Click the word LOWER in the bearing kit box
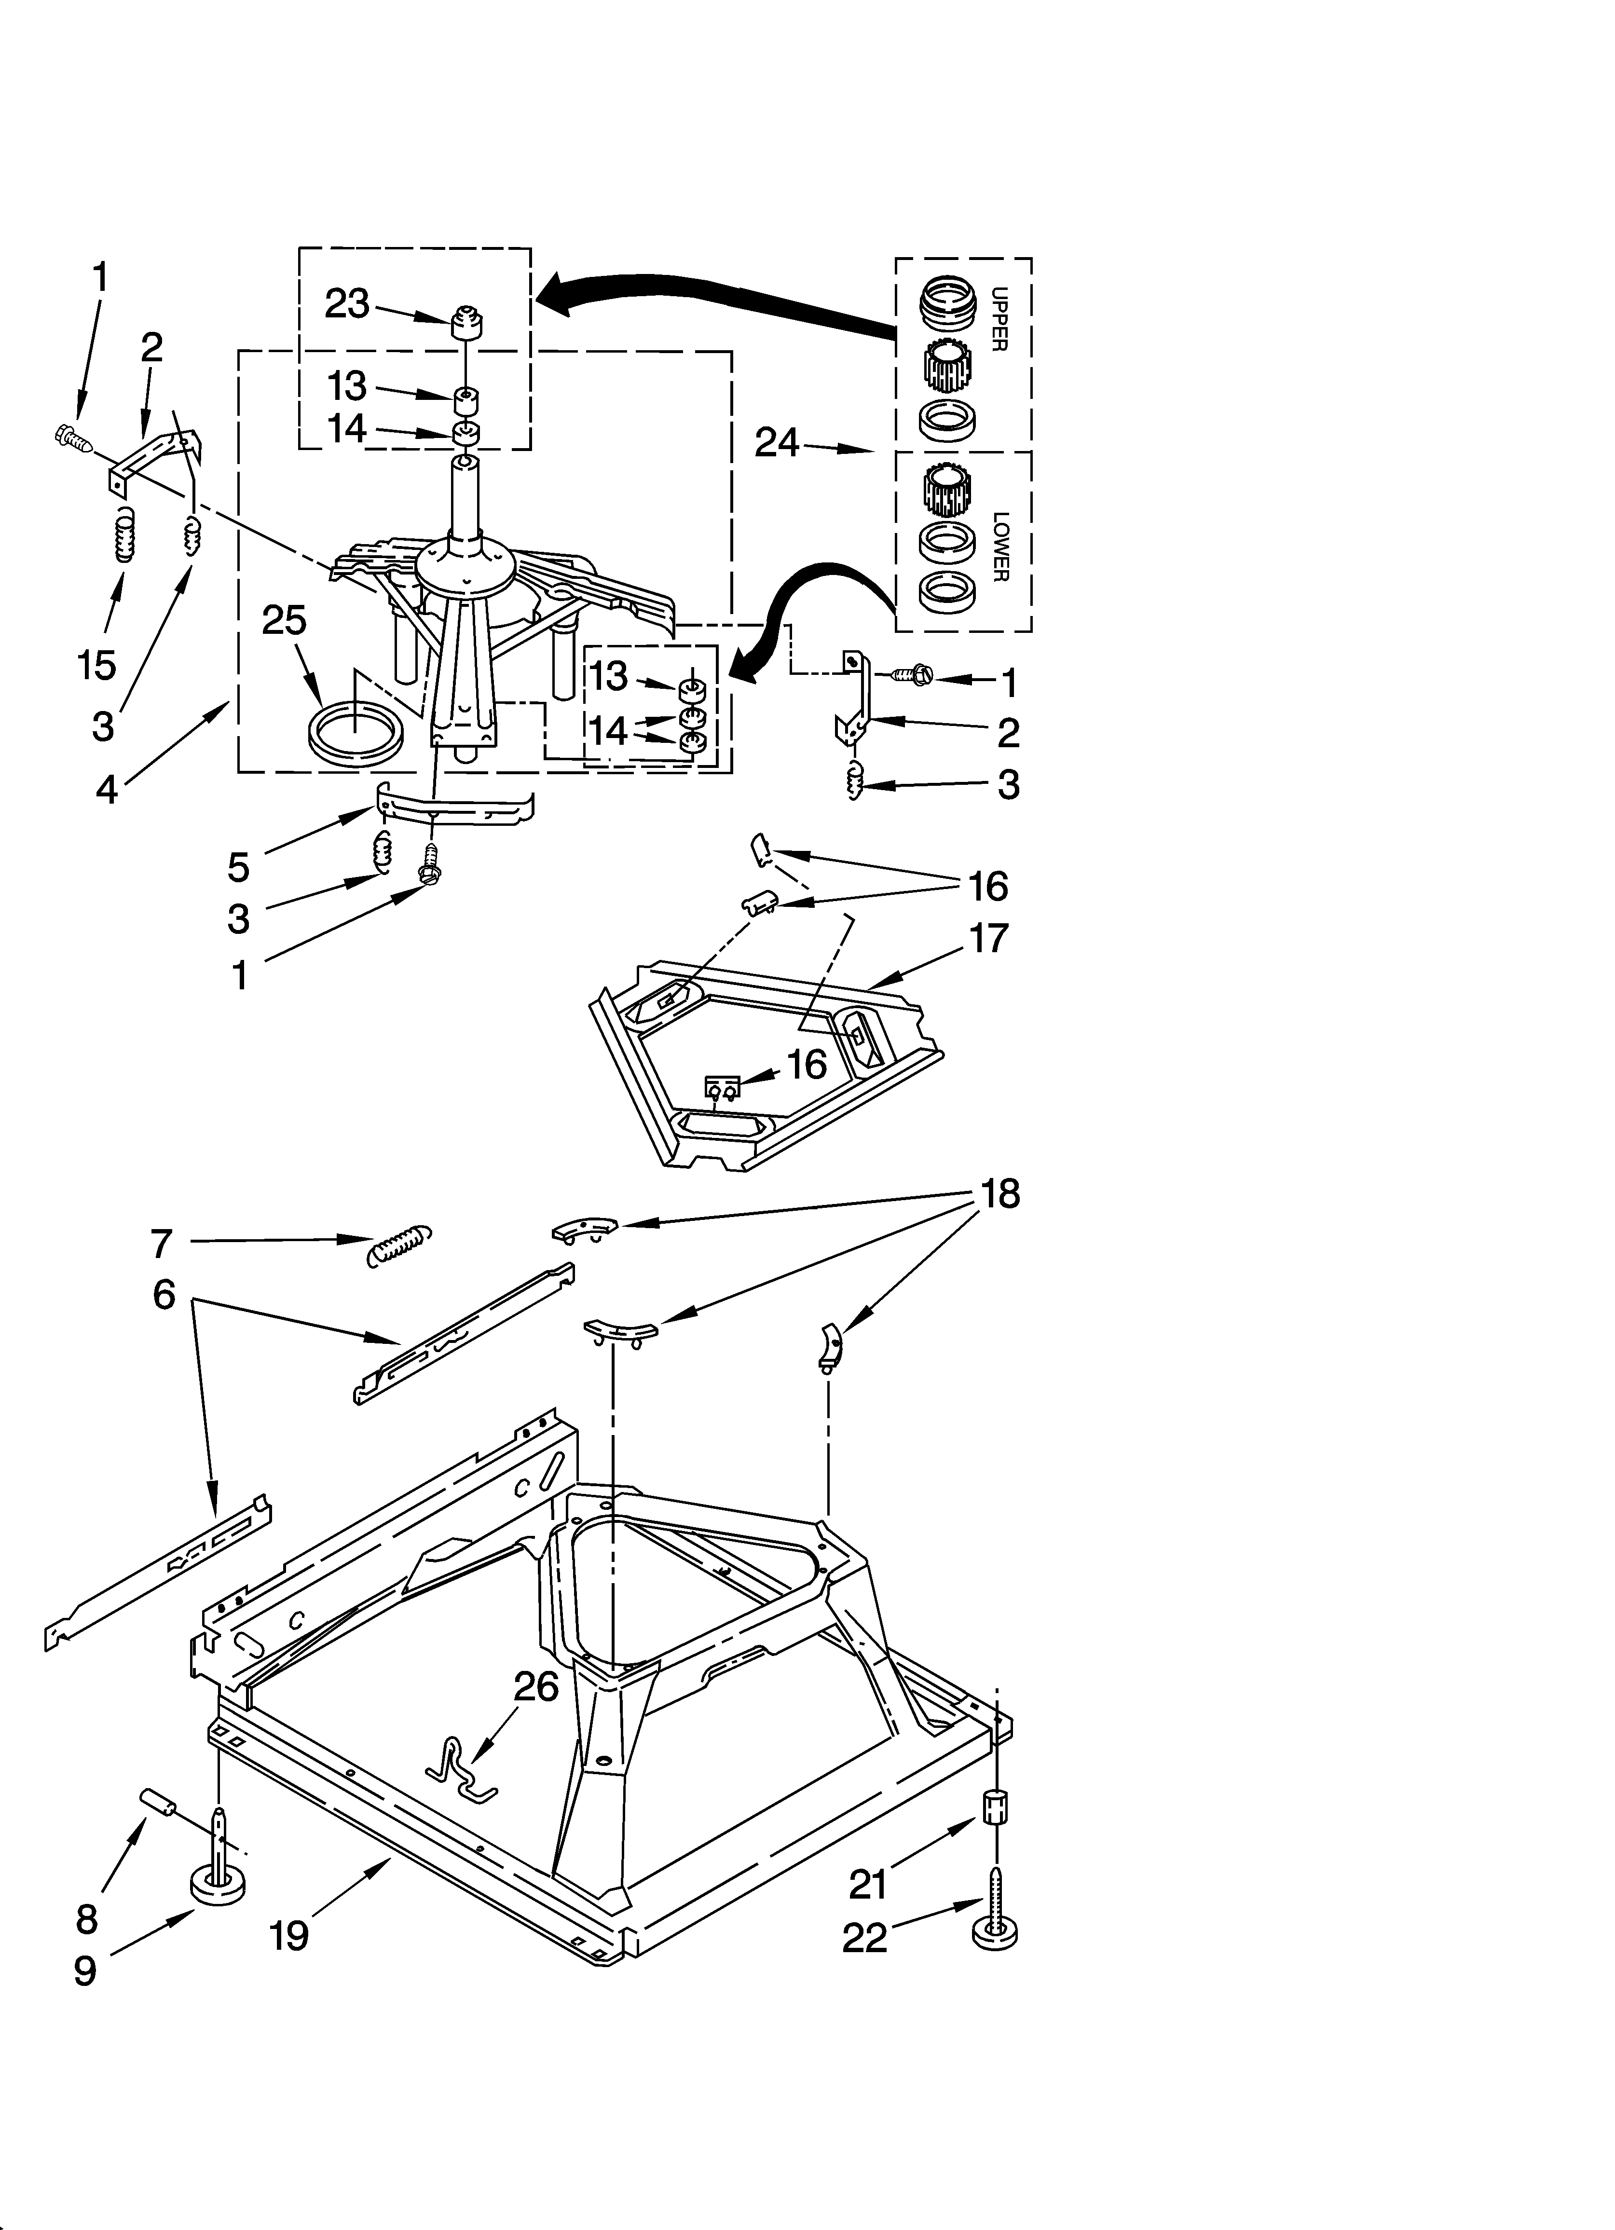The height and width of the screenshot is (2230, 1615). [999, 547]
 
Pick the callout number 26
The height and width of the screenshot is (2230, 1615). [536, 1687]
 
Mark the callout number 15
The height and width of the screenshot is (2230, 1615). [97, 666]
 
